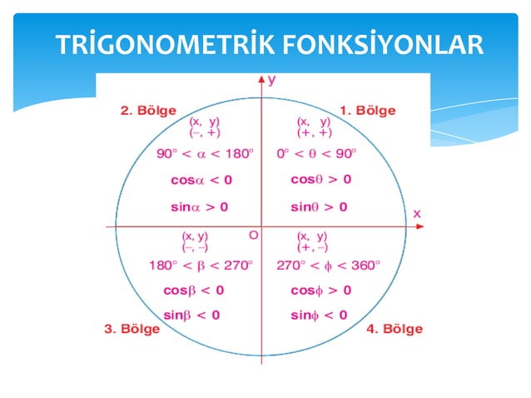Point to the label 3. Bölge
point(132,328)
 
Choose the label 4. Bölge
point(395,328)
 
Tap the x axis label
point(416,214)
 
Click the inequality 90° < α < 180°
point(206,153)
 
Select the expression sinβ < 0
point(192,315)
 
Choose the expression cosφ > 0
point(320,290)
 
